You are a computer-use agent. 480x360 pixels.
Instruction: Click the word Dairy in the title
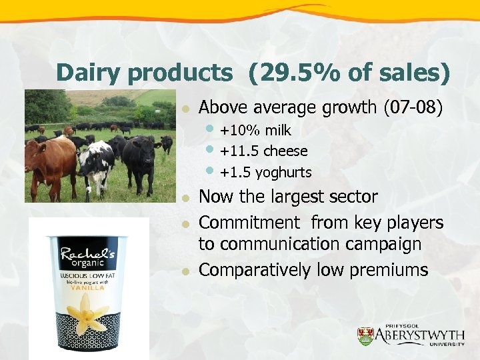point(87,73)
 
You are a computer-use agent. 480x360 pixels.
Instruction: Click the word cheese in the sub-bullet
point(285,151)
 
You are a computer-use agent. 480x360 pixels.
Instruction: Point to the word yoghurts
point(283,172)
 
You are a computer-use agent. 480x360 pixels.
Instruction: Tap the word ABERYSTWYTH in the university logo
point(419,334)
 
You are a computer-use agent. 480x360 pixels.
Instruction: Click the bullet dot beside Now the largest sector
point(188,198)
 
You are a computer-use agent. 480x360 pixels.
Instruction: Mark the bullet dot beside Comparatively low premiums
point(188,271)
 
